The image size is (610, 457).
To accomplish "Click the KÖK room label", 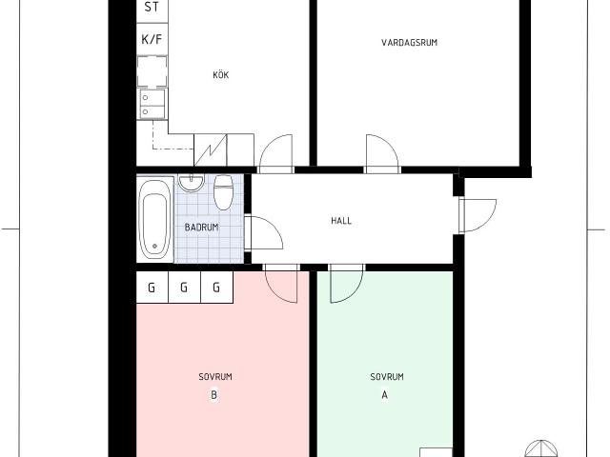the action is pyautogui.click(x=220, y=74).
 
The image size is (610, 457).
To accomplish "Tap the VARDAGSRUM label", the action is pyautogui.click(x=409, y=42).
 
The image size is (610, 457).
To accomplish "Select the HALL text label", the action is pyautogui.click(x=341, y=221).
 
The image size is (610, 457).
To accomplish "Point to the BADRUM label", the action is pyautogui.click(x=201, y=228).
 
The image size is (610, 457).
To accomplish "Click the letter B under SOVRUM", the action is pyautogui.click(x=213, y=395).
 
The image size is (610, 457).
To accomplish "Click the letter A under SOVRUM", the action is pyautogui.click(x=385, y=395).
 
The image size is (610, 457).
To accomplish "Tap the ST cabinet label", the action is pyautogui.click(x=152, y=7).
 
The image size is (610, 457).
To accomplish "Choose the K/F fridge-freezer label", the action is pyautogui.click(x=152, y=39).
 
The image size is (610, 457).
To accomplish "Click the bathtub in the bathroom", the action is pyautogui.click(x=154, y=220).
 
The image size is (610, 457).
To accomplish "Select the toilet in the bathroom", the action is pyautogui.click(x=224, y=192).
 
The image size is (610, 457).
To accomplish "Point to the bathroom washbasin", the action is pyautogui.click(x=191, y=183).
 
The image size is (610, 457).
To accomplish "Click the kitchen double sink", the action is pyautogui.click(x=152, y=104).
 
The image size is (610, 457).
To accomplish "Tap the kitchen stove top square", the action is pyautogui.click(x=152, y=70).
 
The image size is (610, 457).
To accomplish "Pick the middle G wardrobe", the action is pyautogui.click(x=184, y=288).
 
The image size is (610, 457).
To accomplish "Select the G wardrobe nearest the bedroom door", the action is pyautogui.click(x=216, y=288).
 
